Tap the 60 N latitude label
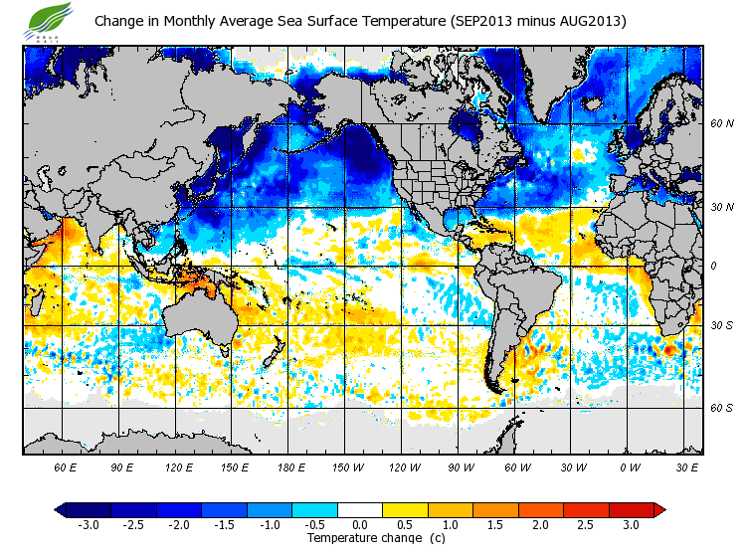(x=721, y=123)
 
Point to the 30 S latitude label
(x=721, y=326)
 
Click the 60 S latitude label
(x=721, y=408)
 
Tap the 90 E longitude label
(x=122, y=466)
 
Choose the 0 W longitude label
(x=631, y=466)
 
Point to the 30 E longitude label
(x=687, y=466)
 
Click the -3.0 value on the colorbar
(x=88, y=525)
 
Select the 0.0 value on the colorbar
(x=359, y=525)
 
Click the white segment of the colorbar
(x=359, y=510)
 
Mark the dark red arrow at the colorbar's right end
(x=659, y=510)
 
